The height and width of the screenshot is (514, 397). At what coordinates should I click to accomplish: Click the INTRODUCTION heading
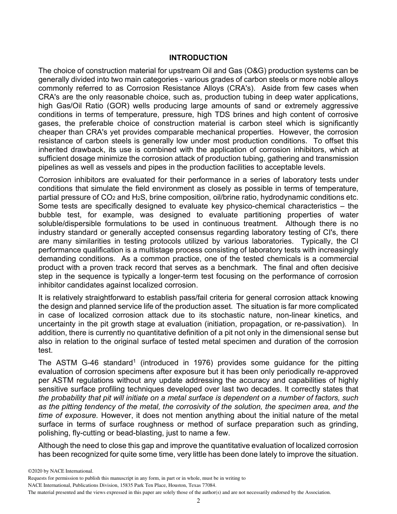(198, 58)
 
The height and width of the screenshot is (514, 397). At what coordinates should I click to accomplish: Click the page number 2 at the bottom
(198, 501)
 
